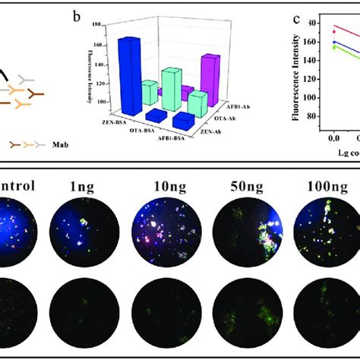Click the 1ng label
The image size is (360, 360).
tap(75, 185)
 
